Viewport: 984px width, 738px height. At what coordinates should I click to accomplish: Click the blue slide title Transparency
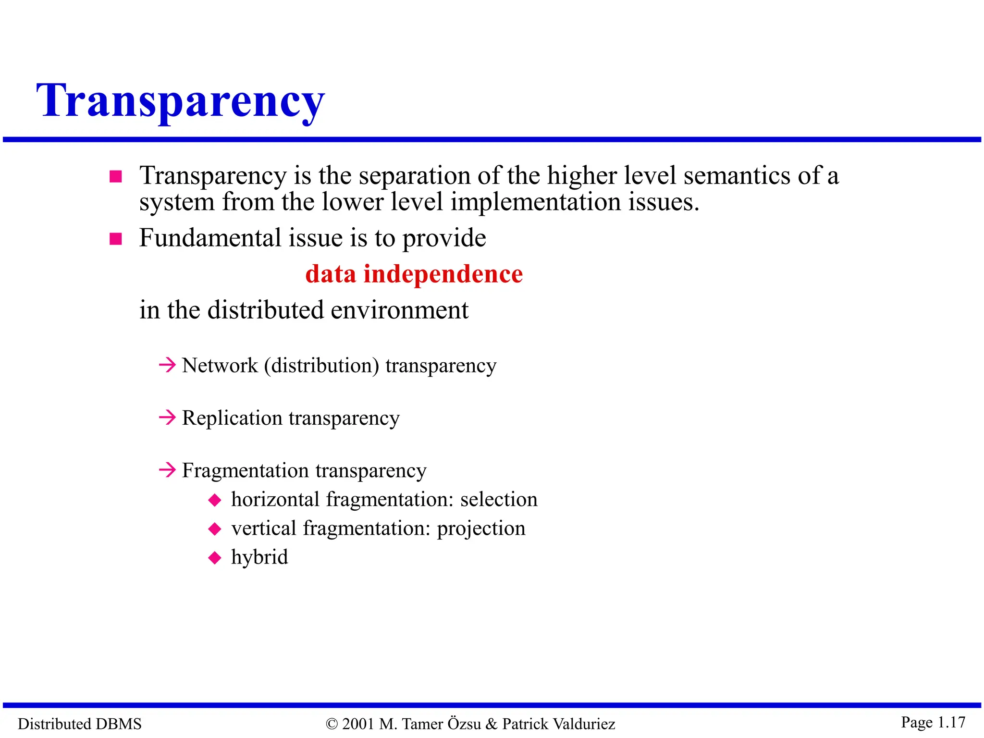[181, 101]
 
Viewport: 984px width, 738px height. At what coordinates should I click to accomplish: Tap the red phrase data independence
[414, 274]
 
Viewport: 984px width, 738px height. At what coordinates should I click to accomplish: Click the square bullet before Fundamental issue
[116, 239]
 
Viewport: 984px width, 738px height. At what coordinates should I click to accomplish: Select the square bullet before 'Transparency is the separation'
[116, 177]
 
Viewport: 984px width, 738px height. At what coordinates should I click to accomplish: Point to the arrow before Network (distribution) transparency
[167, 365]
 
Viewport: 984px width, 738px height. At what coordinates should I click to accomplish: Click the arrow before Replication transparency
[167, 418]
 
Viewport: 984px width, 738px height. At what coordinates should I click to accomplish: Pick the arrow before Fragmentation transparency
[167, 469]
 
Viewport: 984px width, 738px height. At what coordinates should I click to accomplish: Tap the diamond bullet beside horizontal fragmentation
[215, 500]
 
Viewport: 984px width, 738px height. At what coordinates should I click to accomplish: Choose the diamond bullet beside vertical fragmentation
[215, 529]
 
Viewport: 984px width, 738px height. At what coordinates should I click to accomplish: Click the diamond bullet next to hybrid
[215, 558]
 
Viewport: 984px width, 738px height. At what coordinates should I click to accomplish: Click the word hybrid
[259, 557]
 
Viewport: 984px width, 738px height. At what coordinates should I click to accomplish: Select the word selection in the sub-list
[499, 500]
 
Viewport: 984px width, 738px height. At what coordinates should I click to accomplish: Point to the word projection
[481, 529]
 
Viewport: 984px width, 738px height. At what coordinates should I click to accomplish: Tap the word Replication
[232, 418]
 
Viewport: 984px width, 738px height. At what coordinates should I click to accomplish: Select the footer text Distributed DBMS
[80, 724]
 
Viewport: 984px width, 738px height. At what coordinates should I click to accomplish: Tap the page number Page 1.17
[933, 722]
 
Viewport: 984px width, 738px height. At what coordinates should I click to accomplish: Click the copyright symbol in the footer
[332, 724]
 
